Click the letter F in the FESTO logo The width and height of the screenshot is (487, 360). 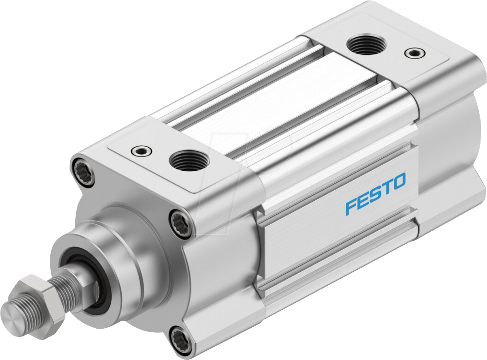pos(352,208)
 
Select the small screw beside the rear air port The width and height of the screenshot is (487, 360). pos(413,53)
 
